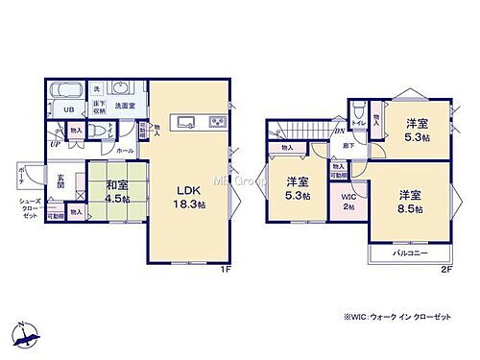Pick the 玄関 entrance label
pyautogui.click(x=58, y=180)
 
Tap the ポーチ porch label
pyautogui.click(x=21, y=176)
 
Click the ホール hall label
pyautogui.click(x=126, y=151)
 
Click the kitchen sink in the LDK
pyautogui.click(x=182, y=122)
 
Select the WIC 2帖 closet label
pyautogui.click(x=348, y=203)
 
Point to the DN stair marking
pyautogui.click(x=339, y=132)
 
